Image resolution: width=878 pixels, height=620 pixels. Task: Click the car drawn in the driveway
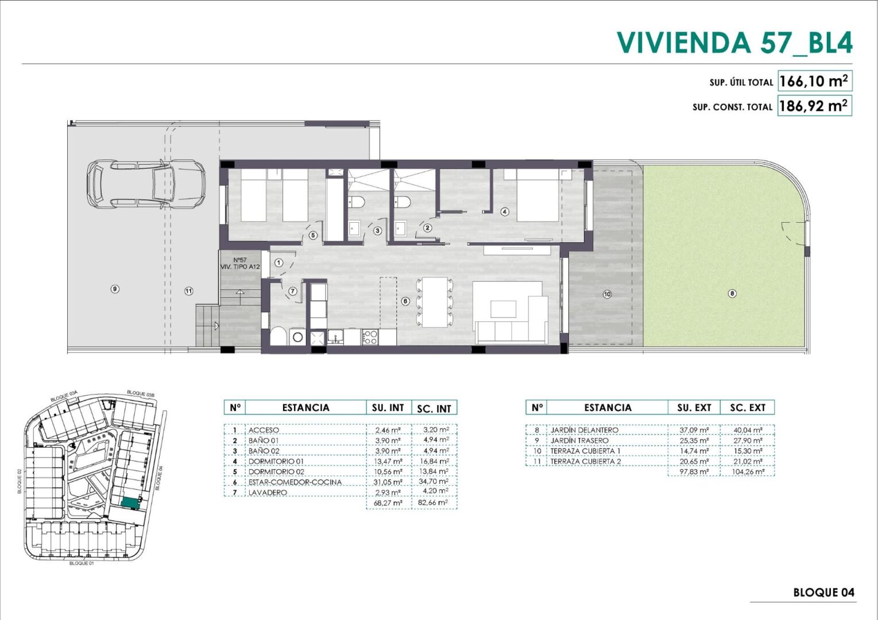coord(146,184)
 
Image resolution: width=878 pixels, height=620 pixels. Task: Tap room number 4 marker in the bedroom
coord(505,212)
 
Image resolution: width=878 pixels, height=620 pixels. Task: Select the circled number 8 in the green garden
coord(732,293)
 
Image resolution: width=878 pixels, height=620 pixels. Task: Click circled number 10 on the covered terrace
coord(607,294)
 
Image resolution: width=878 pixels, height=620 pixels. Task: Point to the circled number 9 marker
coord(115,289)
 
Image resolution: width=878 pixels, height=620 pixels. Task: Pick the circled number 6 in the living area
coord(405,301)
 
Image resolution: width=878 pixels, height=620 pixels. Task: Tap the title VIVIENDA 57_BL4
coord(734,42)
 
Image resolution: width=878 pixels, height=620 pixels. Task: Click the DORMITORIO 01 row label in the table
coord(276,462)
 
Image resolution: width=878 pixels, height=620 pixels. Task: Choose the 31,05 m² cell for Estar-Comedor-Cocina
coord(388,482)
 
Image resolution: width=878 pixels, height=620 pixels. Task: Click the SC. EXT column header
coord(748,408)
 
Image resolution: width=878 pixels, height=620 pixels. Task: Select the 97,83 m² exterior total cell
coord(694,471)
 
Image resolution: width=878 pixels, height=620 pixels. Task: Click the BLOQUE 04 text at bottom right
coord(823,592)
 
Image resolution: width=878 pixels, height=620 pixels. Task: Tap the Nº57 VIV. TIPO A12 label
coord(240,263)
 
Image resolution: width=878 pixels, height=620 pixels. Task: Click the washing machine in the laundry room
coord(297,336)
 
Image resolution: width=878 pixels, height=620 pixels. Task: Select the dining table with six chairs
coord(435,302)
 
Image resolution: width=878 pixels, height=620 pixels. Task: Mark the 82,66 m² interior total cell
coord(433,502)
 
